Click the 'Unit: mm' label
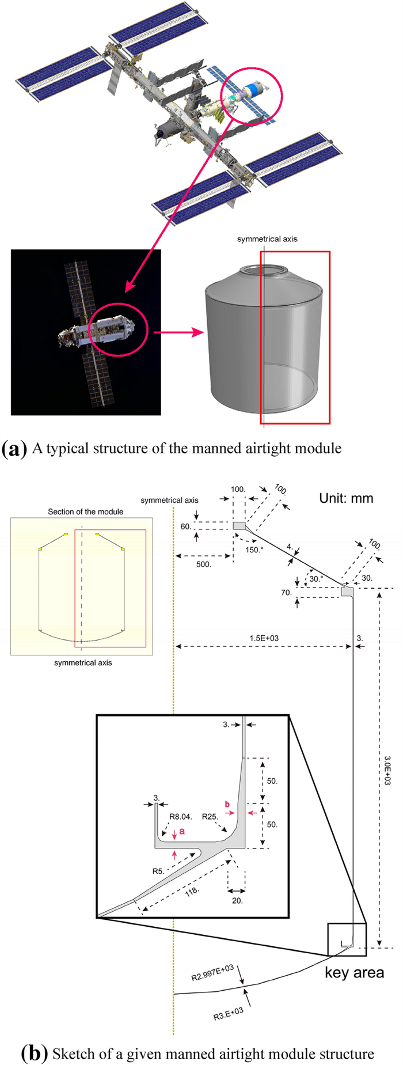click(x=346, y=498)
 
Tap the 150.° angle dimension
click(x=253, y=549)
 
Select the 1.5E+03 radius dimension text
click(x=264, y=638)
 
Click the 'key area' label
click(x=354, y=973)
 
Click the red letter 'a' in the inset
click(x=182, y=831)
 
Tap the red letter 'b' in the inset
click(x=227, y=804)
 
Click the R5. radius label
click(x=158, y=871)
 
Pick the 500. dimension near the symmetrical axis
click(x=203, y=564)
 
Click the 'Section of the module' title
click(x=85, y=511)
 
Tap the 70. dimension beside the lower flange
click(x=286, y=593)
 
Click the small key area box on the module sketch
click(x=347, y=939)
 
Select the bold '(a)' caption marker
click(x=14, y=449)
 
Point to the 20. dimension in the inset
click(x=237, y=900)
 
